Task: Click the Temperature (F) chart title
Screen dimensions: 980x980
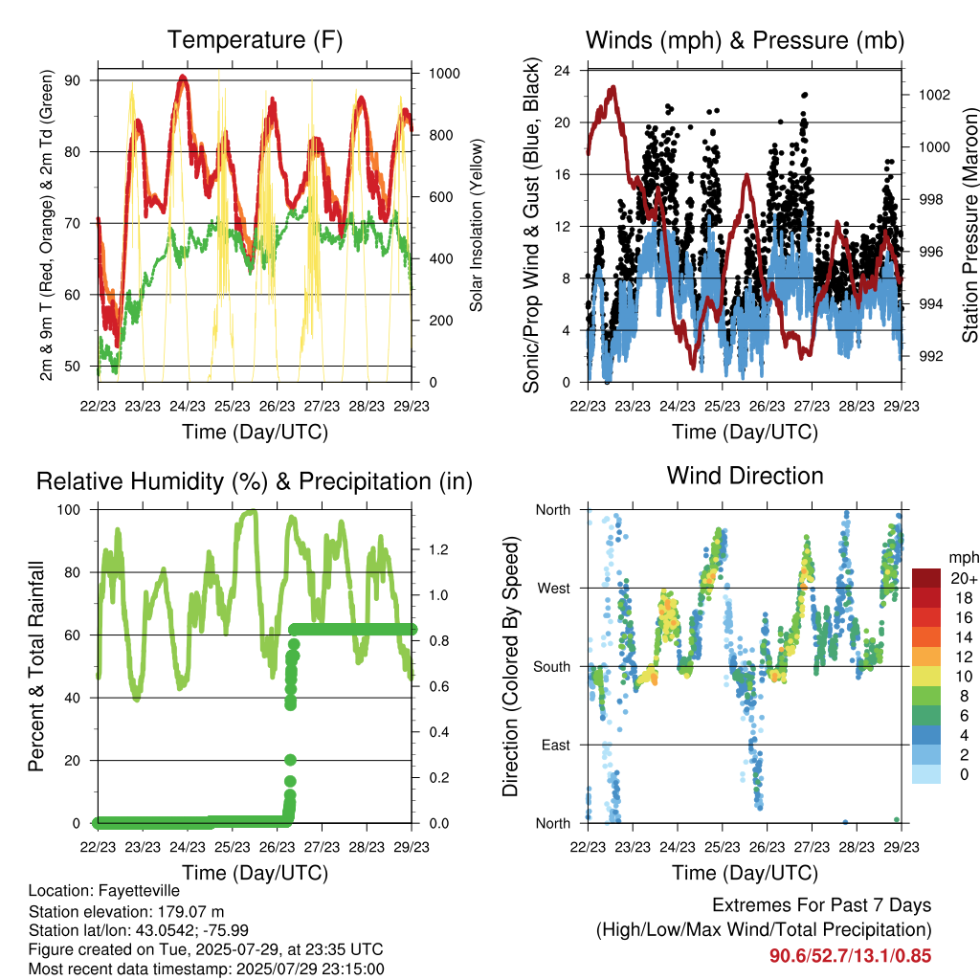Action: coord(255,40)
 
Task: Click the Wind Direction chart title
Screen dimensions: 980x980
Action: coord(745,476)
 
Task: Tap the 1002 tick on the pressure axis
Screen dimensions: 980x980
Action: coord(934,95)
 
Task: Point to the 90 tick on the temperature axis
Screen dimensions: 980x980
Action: coord(73,80)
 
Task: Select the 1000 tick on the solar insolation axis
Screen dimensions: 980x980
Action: coord(444,74)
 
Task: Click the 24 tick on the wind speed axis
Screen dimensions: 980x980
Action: coord(562,71)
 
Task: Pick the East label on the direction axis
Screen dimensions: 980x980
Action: coord(556,745)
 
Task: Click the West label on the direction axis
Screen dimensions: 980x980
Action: coord(554,589)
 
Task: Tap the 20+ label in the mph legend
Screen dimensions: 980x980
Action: coord(964,578)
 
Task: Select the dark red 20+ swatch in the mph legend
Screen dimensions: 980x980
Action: coord(926,578)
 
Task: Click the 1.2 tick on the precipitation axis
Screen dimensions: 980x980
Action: coord(438,550)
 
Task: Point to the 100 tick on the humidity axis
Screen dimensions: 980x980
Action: coord(69,510)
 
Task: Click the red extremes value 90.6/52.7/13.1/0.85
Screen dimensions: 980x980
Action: coord(850,956)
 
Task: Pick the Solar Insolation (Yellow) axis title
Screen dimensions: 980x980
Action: coord(477,225)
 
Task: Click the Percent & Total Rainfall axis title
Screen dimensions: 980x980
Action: coord(36,666)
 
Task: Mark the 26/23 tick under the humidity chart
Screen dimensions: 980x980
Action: coord(277,847)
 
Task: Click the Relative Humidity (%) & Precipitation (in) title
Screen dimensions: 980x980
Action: coord(255,482)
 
